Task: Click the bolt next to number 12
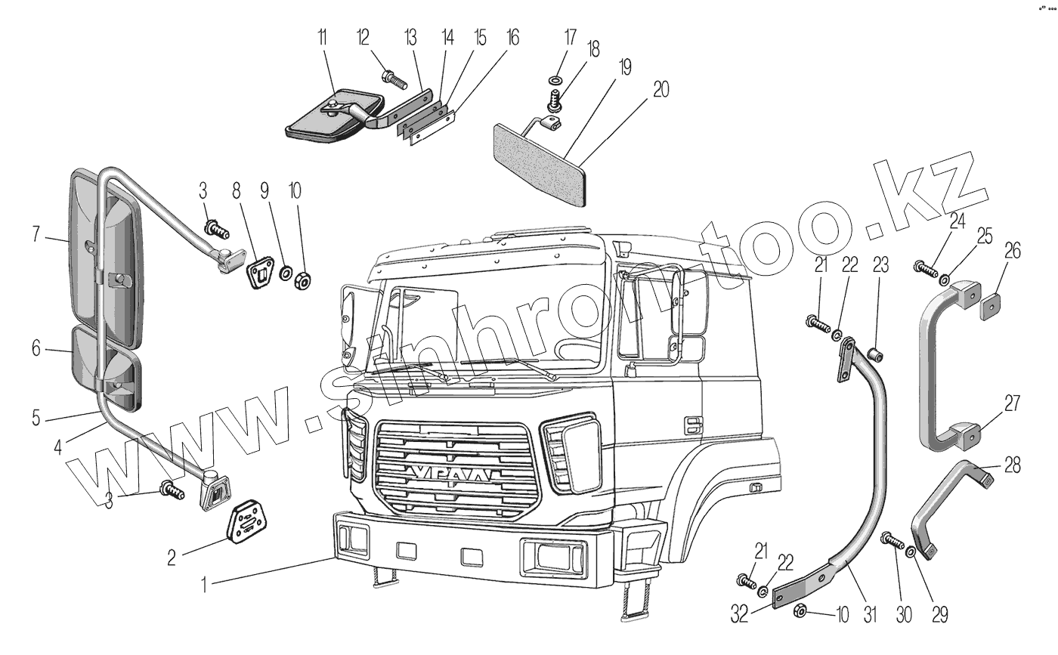coord(390,76)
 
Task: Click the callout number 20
coord(660,89)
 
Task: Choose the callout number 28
coord(1013,465)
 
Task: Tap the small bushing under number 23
coord(877,353)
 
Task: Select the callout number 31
coord(870,614)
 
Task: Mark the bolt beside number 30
coord(892,542)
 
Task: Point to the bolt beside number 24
coord(923,267)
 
